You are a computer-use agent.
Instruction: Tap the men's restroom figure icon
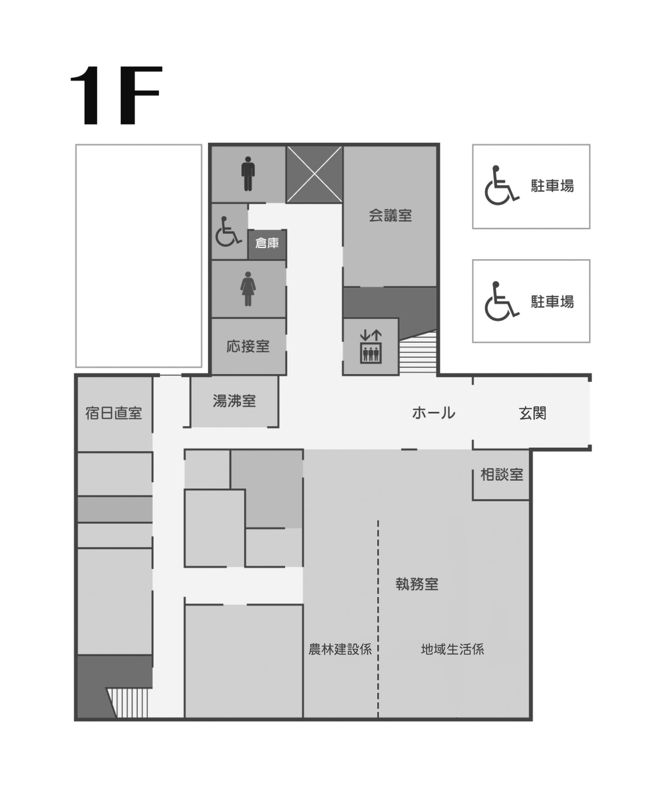point(248,174)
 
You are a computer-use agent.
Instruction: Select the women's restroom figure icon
point(248,289)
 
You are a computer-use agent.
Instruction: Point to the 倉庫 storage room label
point(267,243)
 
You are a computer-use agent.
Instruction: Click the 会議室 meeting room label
point(390,216)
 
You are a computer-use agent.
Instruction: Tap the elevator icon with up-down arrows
point(370,347)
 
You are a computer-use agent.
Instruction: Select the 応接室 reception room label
point(248,347)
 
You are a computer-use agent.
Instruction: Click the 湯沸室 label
point(234,401)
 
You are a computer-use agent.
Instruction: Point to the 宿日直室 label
point(114,413)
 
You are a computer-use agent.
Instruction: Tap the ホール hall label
point(433,413)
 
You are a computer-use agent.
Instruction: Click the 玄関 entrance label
point(532,413)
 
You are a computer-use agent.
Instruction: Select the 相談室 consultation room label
point(502,475)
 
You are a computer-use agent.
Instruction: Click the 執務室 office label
point(417,584)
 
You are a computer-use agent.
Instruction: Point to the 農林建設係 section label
point(340,650)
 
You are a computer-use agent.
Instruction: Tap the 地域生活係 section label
point(452,650)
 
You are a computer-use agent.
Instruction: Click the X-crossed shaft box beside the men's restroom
point(314,174)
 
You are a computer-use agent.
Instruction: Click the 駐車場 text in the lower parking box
point(553,302)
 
